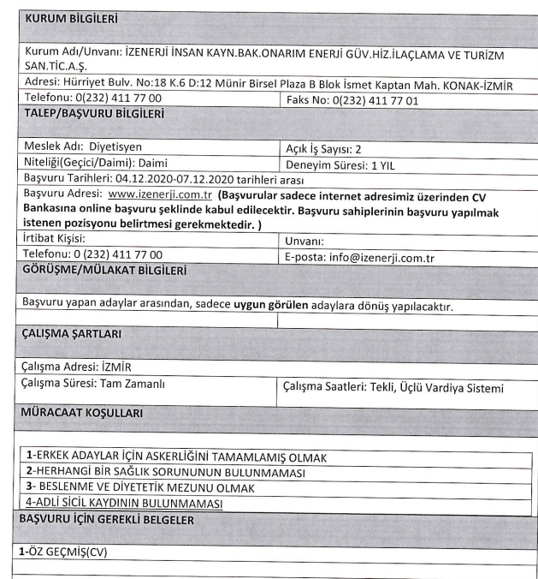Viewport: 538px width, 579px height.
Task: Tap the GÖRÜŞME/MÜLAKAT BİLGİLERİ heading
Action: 103,270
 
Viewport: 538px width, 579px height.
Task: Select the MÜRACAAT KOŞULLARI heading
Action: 83,414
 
